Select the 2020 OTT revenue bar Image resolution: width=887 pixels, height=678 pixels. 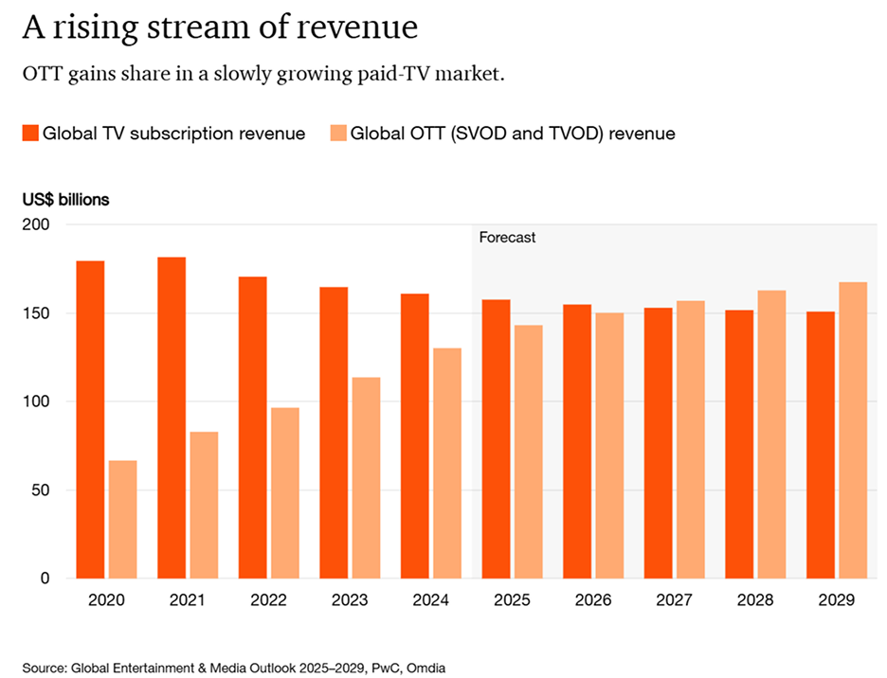click(x=122, y=519)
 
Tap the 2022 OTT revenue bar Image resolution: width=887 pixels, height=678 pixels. click(x=285, y=492)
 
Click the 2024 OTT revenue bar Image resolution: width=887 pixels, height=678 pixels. click(x=447, y=463)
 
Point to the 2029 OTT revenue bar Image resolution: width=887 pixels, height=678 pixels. click(x=853, y=430)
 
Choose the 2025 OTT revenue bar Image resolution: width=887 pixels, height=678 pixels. click(x=529, y=452)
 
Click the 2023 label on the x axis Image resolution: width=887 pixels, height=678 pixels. click(x=350, y=600)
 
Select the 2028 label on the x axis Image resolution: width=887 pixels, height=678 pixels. click(x=755, y=600)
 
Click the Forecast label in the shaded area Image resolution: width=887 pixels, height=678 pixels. click(x=507, y=238)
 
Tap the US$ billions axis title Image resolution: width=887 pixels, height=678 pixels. click(x=66, y=200)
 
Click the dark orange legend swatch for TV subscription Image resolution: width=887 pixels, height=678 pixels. click(x=29, y=134)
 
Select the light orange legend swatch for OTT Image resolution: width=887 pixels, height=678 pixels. click(x=336, y=134)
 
